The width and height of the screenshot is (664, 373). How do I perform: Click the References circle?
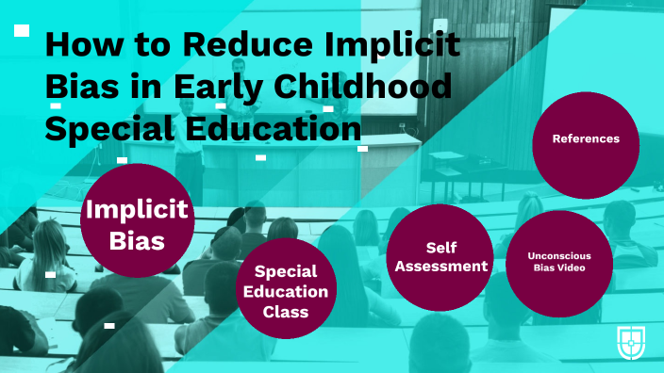click(586, 139)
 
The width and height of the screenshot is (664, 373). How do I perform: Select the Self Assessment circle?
click(440, 257)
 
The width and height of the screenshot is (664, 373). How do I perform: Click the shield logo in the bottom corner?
click(631, 342)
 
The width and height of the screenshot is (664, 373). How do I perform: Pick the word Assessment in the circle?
click(440, 266)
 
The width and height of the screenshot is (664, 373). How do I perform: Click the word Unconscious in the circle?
click(558, 254)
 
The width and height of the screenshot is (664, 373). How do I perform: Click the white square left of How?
click(22, 30)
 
